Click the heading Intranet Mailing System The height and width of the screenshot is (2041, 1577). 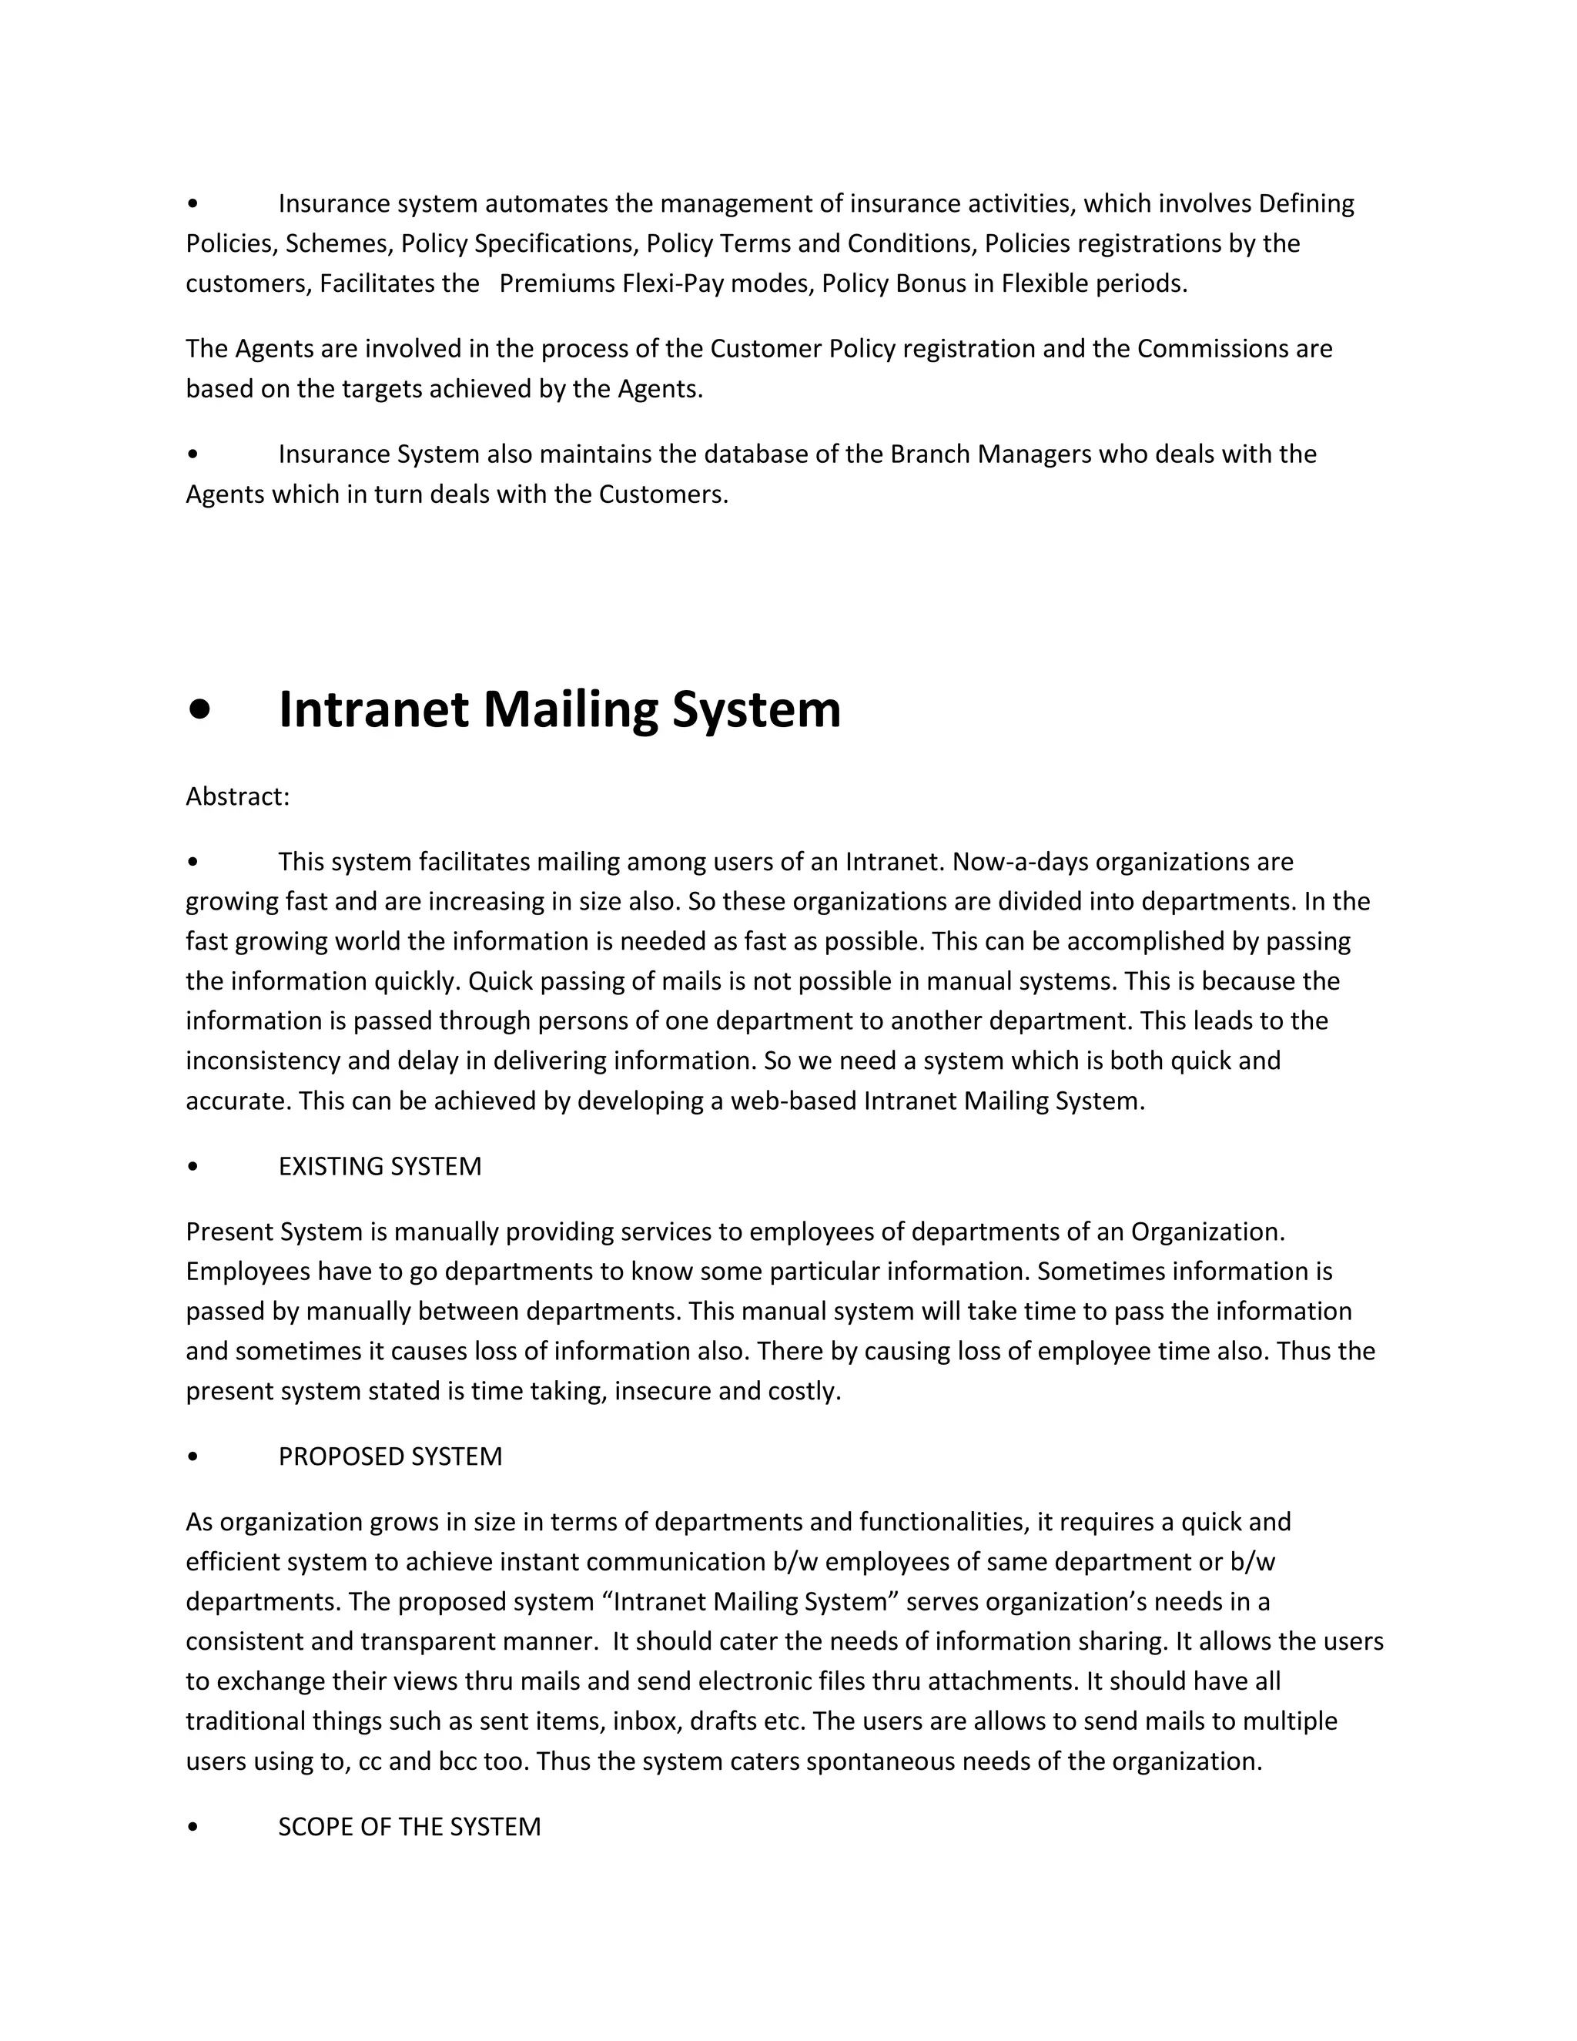[559, 709]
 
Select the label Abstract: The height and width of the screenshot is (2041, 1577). [237, 796]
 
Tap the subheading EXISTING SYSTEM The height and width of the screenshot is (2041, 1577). [380, 1166]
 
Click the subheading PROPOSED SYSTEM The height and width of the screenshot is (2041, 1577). [390, 1457]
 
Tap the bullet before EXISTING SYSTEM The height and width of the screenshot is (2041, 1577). [193, 1166]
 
